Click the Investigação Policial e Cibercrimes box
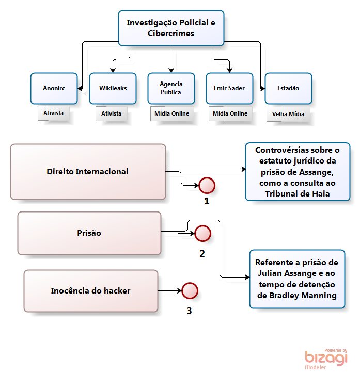coord(170,28)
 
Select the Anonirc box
coord(54,88)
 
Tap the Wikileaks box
coord(113,88)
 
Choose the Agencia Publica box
coord(170,88)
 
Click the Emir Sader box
coord(229,88)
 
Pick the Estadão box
coord(288,88)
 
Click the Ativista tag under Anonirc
coord(54,113)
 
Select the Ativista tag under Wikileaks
coord(112,113)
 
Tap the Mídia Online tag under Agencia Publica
coord(171,113)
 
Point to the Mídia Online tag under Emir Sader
coord(230,113)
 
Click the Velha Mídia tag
coord(288,114)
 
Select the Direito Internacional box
coord(88,172)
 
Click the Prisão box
coord(89,233)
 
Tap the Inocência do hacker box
coord(91,291)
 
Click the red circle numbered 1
coord(207,185)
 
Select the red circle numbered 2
coord(202,234)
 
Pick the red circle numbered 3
coord(190,291)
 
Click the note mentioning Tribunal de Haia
coord(297,172)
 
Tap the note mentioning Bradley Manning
coord(297,279)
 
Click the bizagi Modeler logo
coord(326,357)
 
